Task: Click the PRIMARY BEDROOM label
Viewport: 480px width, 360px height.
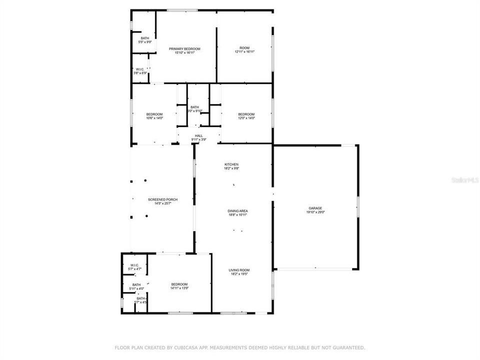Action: [184, 49]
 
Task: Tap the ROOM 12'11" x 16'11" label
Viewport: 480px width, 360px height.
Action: [244, 48]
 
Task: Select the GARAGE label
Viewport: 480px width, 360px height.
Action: [315, 208]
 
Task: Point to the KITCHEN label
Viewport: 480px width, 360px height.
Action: [231, 164]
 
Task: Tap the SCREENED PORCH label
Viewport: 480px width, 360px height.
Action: [162, 199]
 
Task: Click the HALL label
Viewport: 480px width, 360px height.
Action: [198, 136]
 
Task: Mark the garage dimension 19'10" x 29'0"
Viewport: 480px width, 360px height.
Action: [315, 212]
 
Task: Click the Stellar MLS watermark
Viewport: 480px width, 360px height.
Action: [464, 178]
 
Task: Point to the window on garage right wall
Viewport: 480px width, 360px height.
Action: [357, 207]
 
